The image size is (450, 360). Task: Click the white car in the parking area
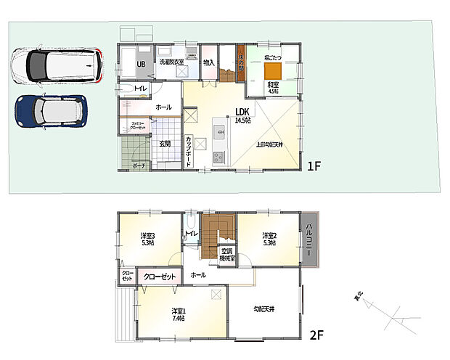pyautogui.click(x=57, y=65)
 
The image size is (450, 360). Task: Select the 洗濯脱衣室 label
pyautogui.click(x=172, y=63)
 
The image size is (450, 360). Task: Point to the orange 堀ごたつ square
pyautogui.click(x=273, y=70)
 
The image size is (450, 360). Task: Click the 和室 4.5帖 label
pyautogui.click(x=273, y=89)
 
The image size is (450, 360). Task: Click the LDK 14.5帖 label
pyautogui.click(x=242, y=115)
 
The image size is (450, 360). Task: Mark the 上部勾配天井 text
pyautogui.click(x=270, y=144)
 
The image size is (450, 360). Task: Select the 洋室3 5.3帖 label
pyautogui.click(x=148, y=239)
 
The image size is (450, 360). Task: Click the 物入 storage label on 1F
pyautogui.click(x=208, y=63)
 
